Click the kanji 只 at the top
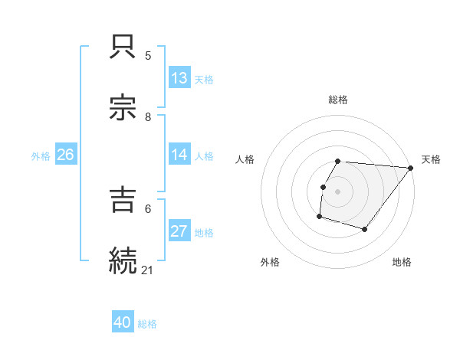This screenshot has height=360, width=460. pyautogui.click(x=123, y=47)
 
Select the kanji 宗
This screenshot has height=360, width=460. pyautogui.click(x=123, y=108)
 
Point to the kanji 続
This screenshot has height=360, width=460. pyautogui.click(x=123, y=260)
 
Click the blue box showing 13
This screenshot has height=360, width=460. pyautogui.click(x=179, y=78)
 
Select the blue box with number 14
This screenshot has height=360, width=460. pyautogui.click(x=179, y=154)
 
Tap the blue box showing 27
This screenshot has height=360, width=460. pyautogui.click(x=179, y=231)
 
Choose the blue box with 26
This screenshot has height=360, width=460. pyautogui.click(x=65, y=155)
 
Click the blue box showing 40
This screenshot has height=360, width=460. pyautogui.click(x=123, y=322)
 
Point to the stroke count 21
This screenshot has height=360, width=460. pyautogui.click(x=149, y=269)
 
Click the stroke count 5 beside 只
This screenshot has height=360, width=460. pyautogui.click(x=149, y=56)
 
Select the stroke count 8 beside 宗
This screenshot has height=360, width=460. pyautogui.click(x=149, y=116)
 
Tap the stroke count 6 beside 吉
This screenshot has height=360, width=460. pyautogui.click(x=149, y=208)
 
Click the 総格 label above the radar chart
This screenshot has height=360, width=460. pyautogui.click(x=338, y=100)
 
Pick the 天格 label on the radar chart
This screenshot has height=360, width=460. pyautogui.click(x=431, y=159)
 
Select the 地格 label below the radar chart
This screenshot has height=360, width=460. pyautogui.click(x=402, y=262)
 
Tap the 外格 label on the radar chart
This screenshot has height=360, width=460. pyautogui.click(x=270, y=262)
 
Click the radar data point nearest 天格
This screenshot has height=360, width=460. pyautogui.click(x=411, y=168)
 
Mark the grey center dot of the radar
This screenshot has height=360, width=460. pyautogui.click(x=338, y=191)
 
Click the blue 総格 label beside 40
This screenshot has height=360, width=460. pyautogui.click(x=148, y=324)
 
